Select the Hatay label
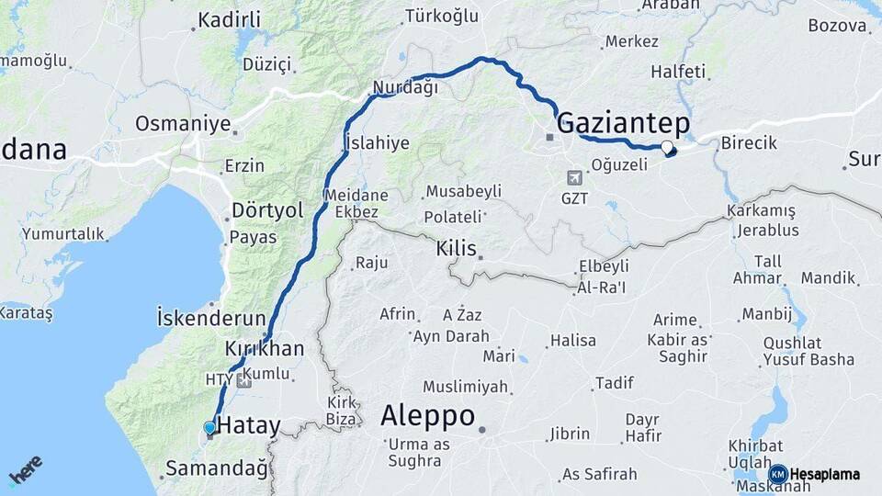(248, 425)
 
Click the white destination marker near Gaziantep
(667, 147)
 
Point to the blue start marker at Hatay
(209, 427)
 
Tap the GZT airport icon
(575, 177)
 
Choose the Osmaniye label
(183, 123)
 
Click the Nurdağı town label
(404, 88)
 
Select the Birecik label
(749, 143)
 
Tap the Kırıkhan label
(264, 349)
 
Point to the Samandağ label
(217, 469)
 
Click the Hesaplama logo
(815, 474)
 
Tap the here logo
(25, 469)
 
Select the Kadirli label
(230, 19)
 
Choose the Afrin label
(397, 314)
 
